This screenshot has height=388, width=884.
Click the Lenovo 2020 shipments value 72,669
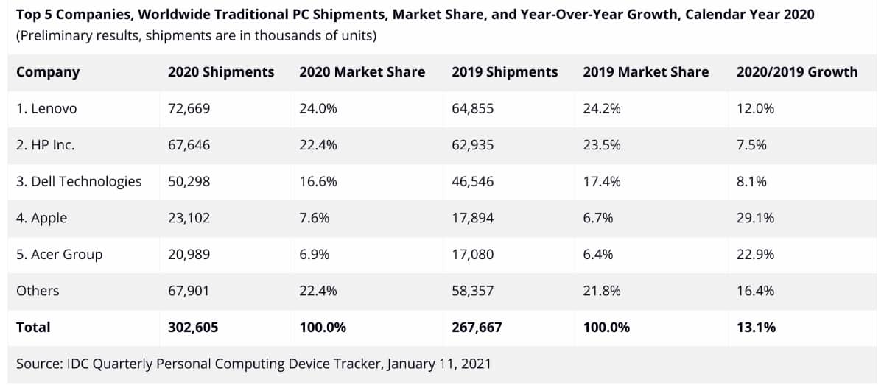pos(189,109)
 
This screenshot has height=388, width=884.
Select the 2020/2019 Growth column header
pos(796,72)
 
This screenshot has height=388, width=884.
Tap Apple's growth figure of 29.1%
pos(755,218)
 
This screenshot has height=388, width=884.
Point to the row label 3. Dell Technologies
pos(79,181)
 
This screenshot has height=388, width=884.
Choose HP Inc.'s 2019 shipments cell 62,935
pos(472,145)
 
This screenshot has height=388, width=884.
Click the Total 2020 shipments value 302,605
pos(193,328)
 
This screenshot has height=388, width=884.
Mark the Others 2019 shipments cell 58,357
pos(472,291)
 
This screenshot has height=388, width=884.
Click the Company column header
pos(48,72)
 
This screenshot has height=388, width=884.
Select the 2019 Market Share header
pos(645,72)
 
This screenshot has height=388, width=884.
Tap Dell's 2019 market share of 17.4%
pos(601,181)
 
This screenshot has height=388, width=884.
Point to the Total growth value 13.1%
pos(756,328)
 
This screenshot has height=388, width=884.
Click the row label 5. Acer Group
pos(60,255)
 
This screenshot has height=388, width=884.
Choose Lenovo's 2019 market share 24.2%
pos(601,109)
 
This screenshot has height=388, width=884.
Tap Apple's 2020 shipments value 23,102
pos(189,218)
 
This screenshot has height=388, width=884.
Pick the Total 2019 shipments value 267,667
pos(477,328)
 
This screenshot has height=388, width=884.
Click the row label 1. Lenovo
pos(46,109)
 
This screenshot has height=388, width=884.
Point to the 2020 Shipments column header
pos(221,72)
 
